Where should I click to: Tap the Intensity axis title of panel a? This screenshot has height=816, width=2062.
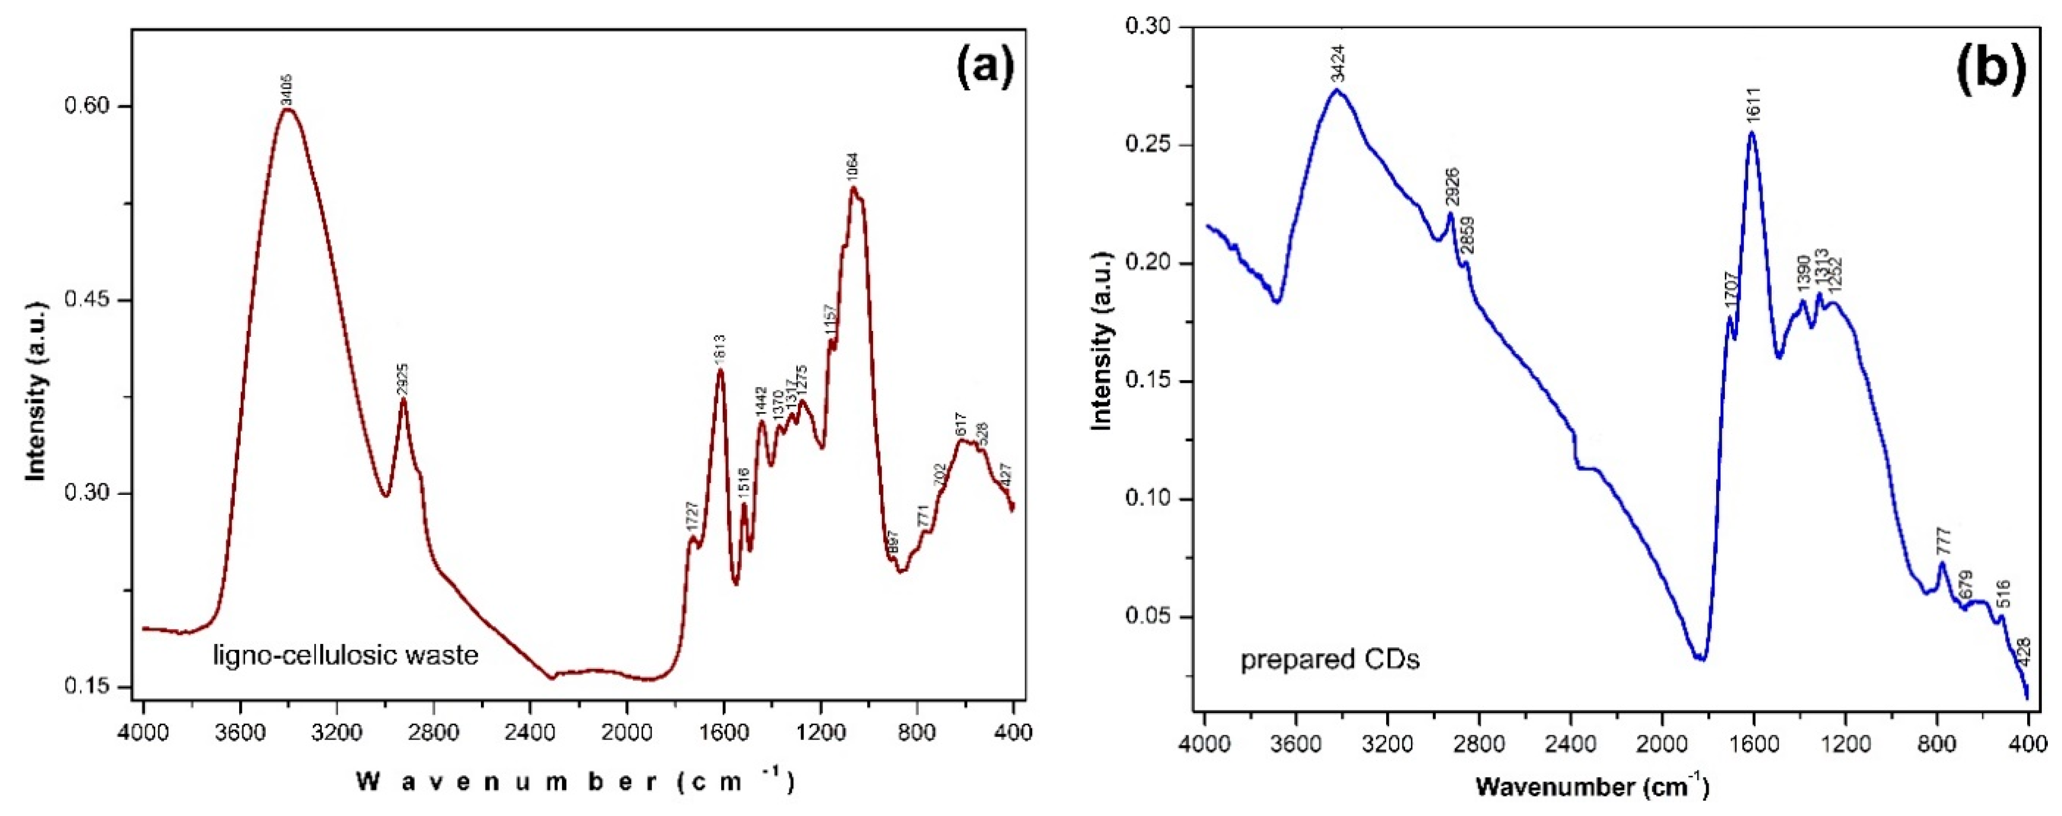[35, 397]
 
